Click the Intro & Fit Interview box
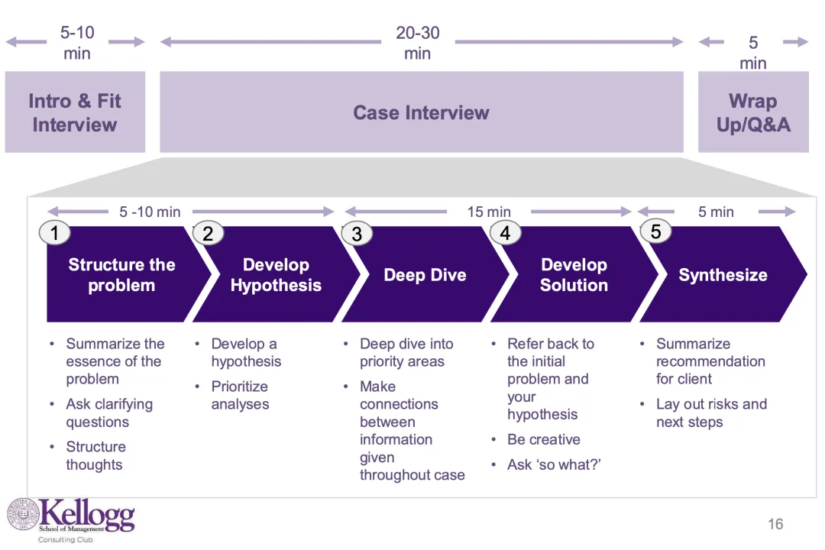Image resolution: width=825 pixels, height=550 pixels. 75,112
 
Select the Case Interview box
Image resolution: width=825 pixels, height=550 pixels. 422,112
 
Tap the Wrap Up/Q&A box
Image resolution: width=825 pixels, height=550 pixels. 753,112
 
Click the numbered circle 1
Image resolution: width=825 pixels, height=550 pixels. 55,232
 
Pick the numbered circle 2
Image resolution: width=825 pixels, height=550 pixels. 208,233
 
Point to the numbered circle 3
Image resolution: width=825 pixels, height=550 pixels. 357,234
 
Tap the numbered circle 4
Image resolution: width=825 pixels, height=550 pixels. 505,233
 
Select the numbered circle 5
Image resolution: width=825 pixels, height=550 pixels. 655,231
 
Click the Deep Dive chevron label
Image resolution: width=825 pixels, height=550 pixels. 425,275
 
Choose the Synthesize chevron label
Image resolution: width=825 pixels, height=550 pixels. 723,275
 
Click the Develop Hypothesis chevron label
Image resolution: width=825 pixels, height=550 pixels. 276,275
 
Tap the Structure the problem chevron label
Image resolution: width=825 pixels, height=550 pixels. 121,275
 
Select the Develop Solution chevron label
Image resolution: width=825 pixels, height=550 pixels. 574,275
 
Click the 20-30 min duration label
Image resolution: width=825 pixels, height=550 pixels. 418,43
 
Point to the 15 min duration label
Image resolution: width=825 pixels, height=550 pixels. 489,212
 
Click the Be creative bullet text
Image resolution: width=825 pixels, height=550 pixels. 544,439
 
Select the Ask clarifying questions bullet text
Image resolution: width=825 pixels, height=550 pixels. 109,412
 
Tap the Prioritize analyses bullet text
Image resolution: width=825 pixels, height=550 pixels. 241,395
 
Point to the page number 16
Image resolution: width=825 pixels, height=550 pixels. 775,524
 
